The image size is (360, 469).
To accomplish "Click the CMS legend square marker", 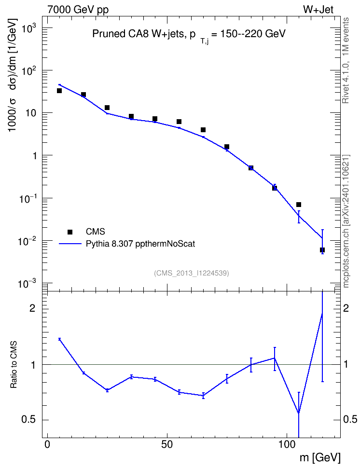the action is (x=70, y=232).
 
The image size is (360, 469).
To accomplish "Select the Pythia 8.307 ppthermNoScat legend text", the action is (x=140, y=244).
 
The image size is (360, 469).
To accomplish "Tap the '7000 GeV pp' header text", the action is (x=78, y=10).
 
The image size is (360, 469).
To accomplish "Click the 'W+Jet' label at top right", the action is (x=318, y=10).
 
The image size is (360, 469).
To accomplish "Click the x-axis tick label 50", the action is (x=167, y=444).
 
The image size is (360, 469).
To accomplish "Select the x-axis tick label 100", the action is (x=287, y=444).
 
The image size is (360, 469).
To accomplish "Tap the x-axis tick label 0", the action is (x=47, y=444).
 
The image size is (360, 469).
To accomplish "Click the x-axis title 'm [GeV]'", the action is (x=320, y=457).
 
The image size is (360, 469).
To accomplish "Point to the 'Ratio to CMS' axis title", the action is (x=14, y=365).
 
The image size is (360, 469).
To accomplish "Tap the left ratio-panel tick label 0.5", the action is (x=28, y=420).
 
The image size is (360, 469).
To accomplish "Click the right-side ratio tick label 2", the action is (x=346, y=308).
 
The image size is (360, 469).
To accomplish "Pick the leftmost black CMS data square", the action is (x=59, y=91).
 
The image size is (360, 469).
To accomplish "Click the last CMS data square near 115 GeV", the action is (x=322, y=250).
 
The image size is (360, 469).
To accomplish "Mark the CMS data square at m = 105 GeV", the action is (x=299, y=205).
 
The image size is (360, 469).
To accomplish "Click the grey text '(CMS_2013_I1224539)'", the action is (x=192, y=273).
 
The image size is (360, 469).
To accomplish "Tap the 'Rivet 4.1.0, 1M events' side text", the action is (x=346, y=60).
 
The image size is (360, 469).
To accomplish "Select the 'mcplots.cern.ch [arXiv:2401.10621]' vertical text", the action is (x=346, y=221).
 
